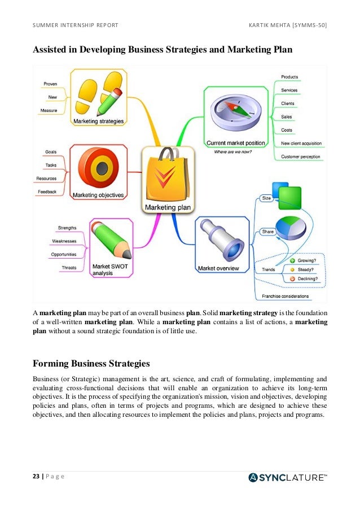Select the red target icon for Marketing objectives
[102, 167]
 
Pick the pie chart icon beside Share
[291, 226]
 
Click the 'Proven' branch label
[50, 84]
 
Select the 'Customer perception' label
[300, 156]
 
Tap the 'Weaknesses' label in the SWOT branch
[64, 241]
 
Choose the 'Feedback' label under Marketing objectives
[47, 192]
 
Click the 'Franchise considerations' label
[285, 296]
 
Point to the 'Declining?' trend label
[308, 278]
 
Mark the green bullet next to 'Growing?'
[292, 261]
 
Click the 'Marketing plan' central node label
[168, 207]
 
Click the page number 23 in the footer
[37, 477]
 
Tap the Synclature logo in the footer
[287, 477]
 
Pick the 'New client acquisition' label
[301, 143]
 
